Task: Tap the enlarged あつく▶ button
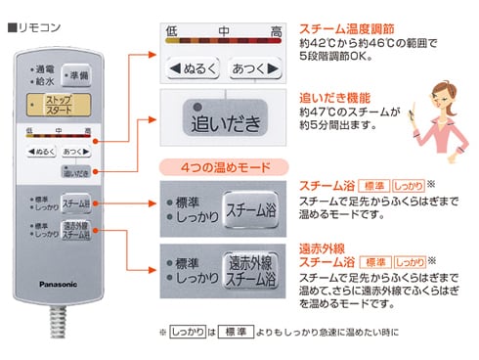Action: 253,68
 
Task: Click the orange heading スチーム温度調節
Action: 349,29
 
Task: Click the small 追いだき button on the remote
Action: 76,173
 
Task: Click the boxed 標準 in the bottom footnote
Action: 233,333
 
